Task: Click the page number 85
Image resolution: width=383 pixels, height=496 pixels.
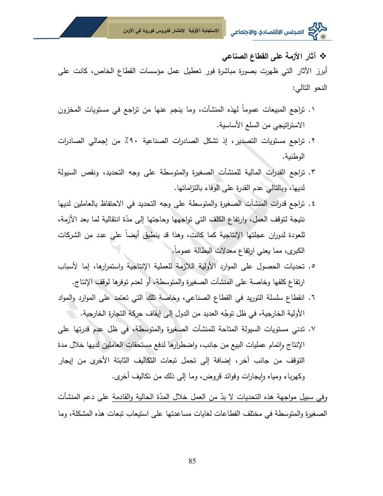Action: pos(192,460)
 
